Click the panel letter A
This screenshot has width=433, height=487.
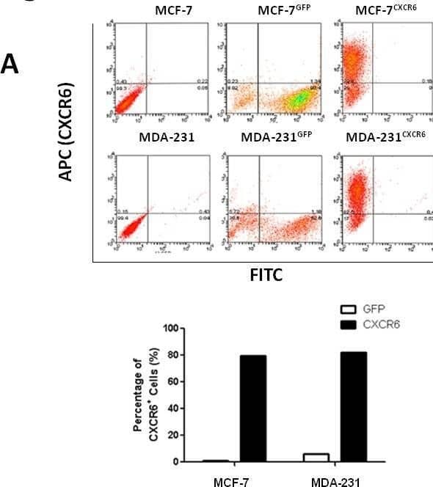[10, 65]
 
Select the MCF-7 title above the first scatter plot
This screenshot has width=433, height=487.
[177, 11]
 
